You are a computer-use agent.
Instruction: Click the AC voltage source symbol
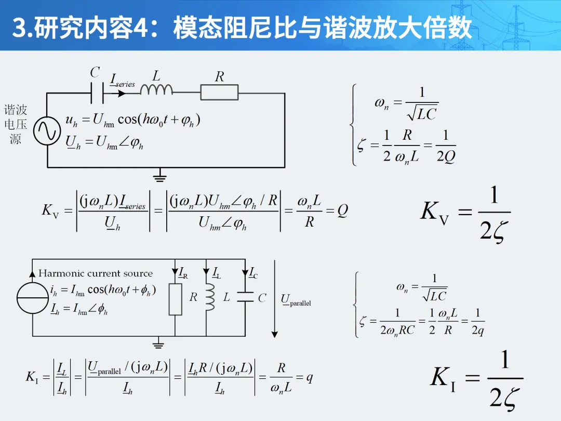[47, 130]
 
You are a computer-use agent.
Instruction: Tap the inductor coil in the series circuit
[156, 90]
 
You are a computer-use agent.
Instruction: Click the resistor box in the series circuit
[219, 93]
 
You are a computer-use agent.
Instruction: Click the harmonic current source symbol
[32, 298]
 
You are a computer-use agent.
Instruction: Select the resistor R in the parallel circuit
[176, 299]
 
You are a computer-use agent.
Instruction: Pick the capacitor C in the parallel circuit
[245, 297]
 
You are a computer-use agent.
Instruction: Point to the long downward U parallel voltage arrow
[275, 298]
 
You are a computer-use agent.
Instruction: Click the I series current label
[123, 81]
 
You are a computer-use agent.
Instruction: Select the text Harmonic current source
[96, 273]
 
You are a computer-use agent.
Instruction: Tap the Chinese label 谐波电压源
[16, 125]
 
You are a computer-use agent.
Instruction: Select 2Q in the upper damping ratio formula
[445, 156]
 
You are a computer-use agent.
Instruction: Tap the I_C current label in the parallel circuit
[253, 272]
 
